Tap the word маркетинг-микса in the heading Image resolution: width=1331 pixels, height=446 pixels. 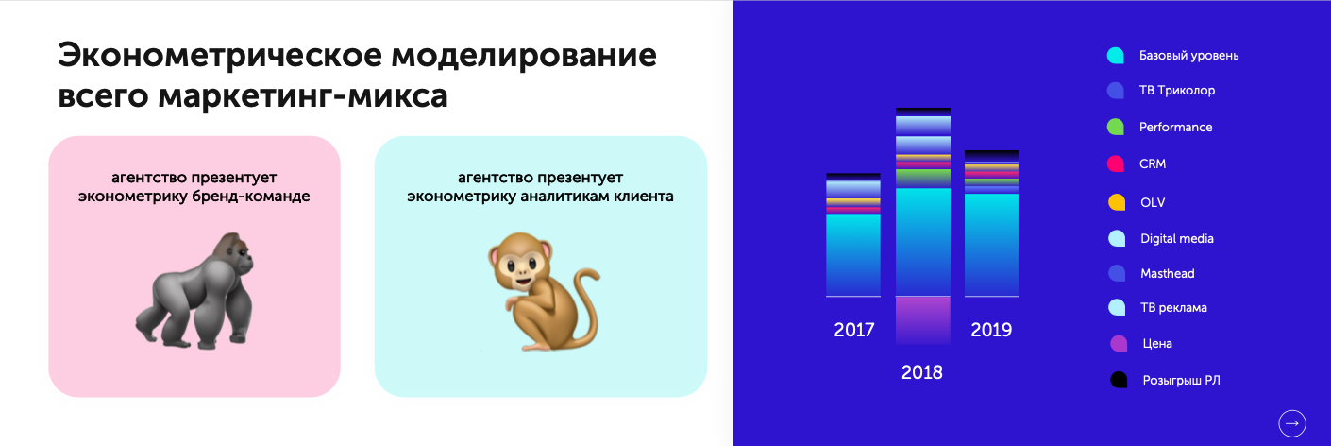click(x=303, y=95)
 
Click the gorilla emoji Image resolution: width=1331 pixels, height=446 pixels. click(x=194, y=289)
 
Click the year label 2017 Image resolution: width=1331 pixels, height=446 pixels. click(x=854, y=330)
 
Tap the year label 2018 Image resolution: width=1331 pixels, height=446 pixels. click(x=921, y=372)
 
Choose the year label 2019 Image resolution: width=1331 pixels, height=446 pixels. click(x=991, y=330)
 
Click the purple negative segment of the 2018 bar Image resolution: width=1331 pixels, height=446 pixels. click(x=923, y=320)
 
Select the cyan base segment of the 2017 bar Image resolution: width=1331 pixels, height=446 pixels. click(x=853, y=255)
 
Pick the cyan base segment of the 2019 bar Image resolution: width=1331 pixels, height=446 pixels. click(x=992, y=245)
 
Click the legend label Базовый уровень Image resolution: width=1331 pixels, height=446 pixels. click(x=1189, y=56)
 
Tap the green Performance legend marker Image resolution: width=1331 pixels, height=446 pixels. click(x=1116, y=127)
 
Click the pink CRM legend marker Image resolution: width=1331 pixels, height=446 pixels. click(x=1116, y=163)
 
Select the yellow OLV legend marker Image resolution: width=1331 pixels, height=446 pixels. click(x=1117, y=202)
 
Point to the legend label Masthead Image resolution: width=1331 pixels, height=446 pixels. click(x=1168, y=273)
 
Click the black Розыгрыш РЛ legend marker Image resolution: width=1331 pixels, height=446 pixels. click(x=1119, y=380)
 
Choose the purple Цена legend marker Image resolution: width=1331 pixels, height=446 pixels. click(x=1119, y=343)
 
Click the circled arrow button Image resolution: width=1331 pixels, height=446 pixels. click(x=1292, y=423)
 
